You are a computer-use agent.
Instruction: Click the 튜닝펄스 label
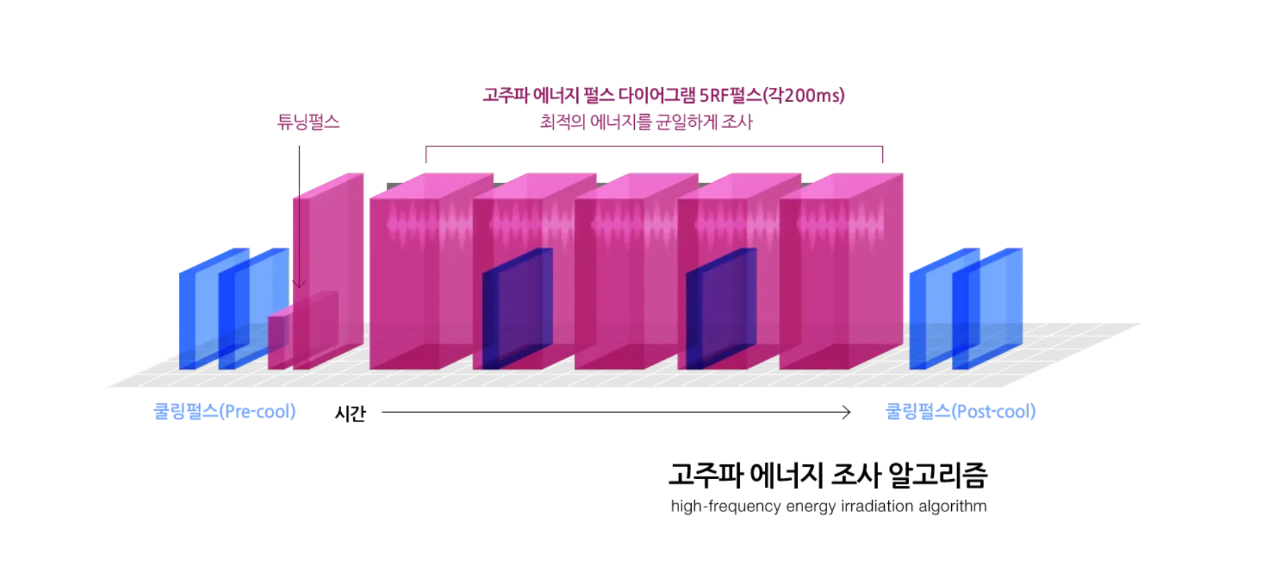point(308,121)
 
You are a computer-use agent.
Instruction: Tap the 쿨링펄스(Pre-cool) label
point(225,411)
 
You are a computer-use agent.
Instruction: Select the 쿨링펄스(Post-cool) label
point(961,411)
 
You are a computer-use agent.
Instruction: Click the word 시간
point(350,413)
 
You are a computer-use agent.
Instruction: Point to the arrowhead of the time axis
point(847,412)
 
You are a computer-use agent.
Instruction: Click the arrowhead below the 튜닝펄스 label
point(299,284)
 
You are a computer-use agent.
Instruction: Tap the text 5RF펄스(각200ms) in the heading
point(772,95)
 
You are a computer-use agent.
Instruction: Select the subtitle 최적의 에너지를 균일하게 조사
point(646,122)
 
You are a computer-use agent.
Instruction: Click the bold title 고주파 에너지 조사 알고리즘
point(828,475)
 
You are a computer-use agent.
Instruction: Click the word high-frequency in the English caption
point(726,506)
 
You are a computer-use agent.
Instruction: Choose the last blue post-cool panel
point(987,309)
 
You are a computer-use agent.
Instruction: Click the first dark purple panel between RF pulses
point(517,309)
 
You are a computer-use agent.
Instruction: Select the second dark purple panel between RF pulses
point(721,309)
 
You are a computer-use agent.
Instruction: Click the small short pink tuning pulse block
point(303,330)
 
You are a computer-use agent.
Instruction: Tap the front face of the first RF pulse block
point(404,284)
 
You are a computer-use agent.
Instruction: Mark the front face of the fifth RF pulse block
point(814,284)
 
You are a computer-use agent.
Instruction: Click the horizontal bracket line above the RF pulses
point(654,146)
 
